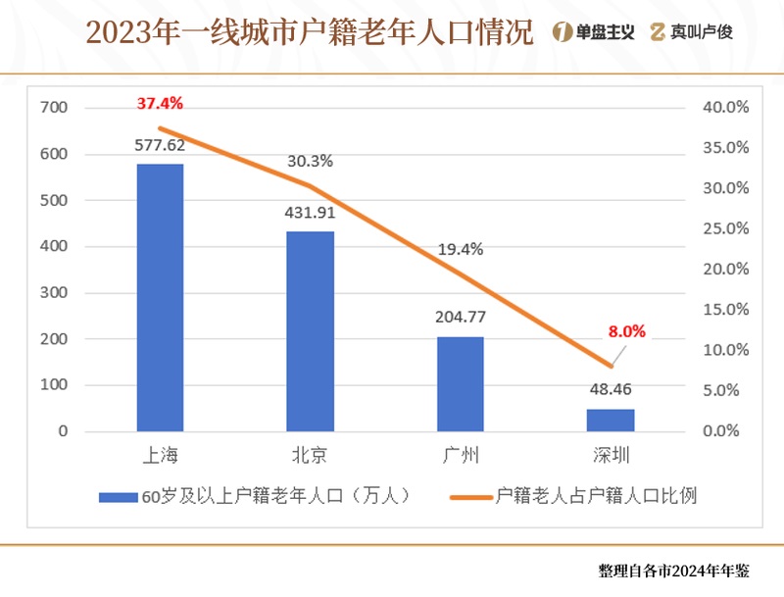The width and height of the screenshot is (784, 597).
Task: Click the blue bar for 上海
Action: tap(160, 298)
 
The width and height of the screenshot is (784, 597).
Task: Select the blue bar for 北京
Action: tap(310, 331)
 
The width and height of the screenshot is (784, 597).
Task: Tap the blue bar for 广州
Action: tap(460, 384)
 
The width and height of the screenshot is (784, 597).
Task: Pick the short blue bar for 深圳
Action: tap(611, 420)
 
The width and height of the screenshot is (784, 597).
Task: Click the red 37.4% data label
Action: tap(160, 103)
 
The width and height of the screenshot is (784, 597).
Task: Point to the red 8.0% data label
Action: tap(627, 331)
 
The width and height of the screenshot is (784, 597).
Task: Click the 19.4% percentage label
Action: tap(460, 249)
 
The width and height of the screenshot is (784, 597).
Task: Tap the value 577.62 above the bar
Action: tap(160, 145)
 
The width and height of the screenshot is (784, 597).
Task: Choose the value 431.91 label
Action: tap(310, 211)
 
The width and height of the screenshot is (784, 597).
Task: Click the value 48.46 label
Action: tap(611, 388)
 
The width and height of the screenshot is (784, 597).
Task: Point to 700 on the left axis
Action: tap(54, 108)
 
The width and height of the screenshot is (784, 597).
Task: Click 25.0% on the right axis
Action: tap(726, 228)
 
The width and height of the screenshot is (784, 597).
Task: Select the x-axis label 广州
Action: tap(460, 456)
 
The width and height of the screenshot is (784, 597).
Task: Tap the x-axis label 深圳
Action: tap(611, 456)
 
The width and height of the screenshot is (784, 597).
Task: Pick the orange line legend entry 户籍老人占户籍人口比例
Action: tap(578, 496)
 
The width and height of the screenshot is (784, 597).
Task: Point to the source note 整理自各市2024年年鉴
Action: tap(673, 571)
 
